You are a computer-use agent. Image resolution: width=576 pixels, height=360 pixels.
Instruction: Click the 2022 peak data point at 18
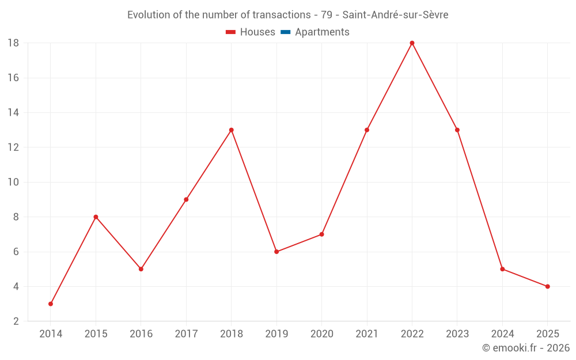click(412, 43)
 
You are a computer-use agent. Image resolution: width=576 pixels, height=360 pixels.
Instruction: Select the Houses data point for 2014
click(51, 304)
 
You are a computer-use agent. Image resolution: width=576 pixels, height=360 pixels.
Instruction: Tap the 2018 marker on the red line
click(231, 130)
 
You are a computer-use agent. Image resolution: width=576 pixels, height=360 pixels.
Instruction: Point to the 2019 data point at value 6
click(276, 252)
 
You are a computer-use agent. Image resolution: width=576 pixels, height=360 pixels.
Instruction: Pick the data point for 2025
click(547, 286)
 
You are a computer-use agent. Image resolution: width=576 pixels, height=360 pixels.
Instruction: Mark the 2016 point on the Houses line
click(141, 269)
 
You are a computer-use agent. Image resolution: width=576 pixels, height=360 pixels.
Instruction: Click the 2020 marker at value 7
click(321, 234)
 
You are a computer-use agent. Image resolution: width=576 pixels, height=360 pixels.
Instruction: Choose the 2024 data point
click(502, 269)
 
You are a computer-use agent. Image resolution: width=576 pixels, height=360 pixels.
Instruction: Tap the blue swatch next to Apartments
click(285, 32)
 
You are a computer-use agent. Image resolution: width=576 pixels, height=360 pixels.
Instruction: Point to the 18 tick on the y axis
click(13, 43)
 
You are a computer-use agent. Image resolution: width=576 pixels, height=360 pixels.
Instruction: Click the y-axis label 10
click(13, 182)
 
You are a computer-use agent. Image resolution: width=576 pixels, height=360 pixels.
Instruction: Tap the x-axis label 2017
click(186, 334)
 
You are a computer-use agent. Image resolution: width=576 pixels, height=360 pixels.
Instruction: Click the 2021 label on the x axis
click(367, 334)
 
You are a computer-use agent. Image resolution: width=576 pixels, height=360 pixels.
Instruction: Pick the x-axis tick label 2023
click(457, 334)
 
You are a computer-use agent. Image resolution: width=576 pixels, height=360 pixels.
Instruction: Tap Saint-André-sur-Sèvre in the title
click(395, 15)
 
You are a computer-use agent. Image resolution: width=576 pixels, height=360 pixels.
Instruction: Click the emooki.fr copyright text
click(526, 348)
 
